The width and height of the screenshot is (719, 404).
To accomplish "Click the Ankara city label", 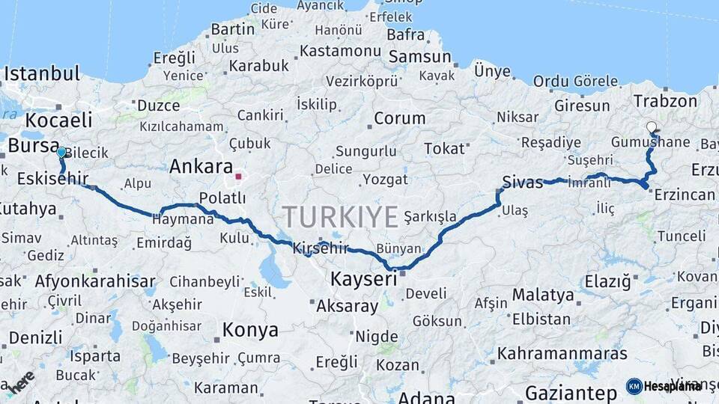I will coord(201,167).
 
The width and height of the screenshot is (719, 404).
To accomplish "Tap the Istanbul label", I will coord(42,74).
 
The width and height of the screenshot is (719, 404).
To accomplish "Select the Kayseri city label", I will coord(363,280).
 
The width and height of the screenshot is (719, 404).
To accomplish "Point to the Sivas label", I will coord(522,182).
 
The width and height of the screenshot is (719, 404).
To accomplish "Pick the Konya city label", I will coord(250,330).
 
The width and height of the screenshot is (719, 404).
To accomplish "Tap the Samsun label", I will coord(419,57).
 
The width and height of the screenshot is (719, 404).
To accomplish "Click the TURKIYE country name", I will coord(341,218).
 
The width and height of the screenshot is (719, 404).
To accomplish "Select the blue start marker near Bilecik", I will coord(61,153).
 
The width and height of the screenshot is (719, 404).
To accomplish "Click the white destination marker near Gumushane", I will coord(652,128).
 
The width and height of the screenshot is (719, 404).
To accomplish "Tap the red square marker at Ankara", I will coord(239,177).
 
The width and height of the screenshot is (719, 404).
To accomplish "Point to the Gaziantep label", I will coord(571,393).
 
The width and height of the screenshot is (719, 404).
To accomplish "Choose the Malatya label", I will coord(543,295).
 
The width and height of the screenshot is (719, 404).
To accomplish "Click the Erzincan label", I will coord(685,195).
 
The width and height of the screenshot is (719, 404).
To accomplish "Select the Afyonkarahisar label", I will coord(95,282).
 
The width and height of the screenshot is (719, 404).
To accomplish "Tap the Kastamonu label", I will coord(341,52).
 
